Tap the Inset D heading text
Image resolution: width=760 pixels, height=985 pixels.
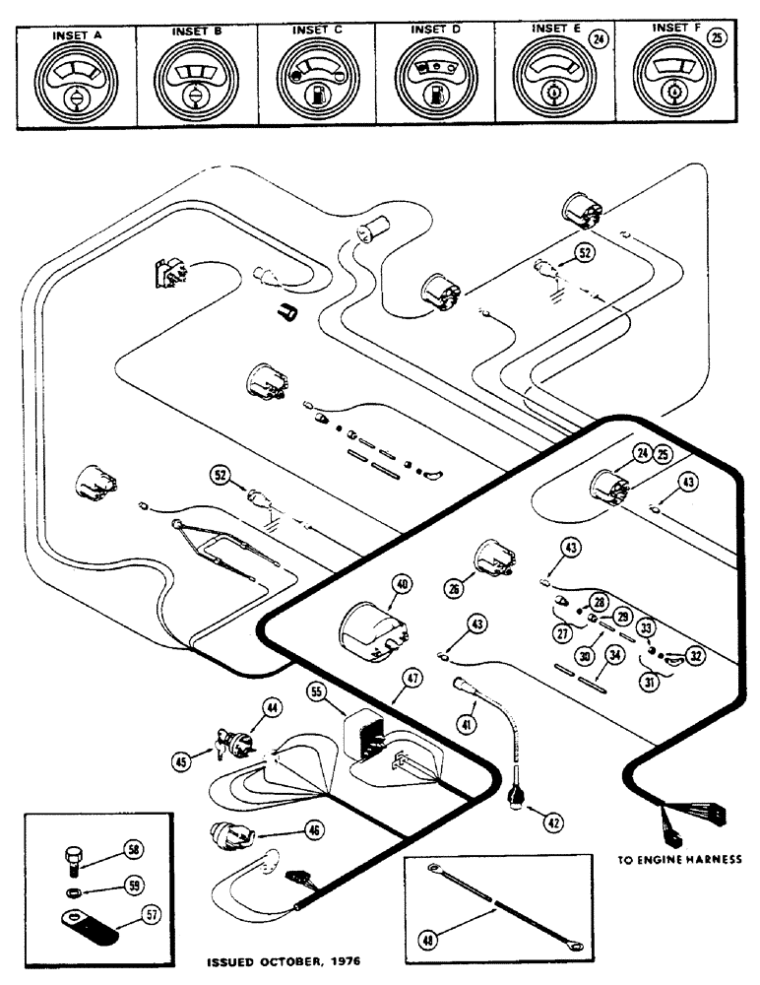coord(434,31)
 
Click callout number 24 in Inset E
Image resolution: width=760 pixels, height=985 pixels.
coord(594,39)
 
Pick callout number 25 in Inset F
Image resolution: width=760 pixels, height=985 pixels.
coord(716,39)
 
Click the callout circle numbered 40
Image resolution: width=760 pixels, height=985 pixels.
coord(402,583)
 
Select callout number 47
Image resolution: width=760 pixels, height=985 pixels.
coord(411,680)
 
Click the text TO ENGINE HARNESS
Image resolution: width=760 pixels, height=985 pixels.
coord(678,858)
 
